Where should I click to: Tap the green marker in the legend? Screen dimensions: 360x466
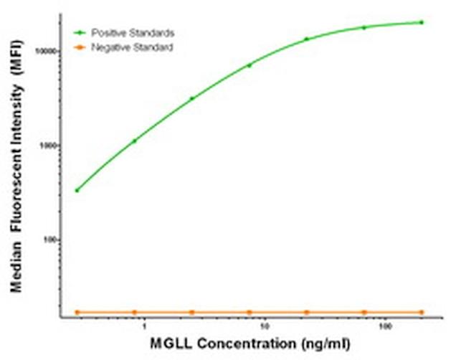click(81, 33)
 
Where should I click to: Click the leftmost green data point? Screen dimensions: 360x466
click(77, 190)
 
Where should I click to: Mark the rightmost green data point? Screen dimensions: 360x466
click(422, 22)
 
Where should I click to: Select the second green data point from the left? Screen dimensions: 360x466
click(134, 141)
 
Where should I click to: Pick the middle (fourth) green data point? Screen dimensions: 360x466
click(249, 65)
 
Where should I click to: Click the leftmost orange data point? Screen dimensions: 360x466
click(77, 312)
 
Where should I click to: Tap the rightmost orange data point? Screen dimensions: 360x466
click(422, 312)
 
